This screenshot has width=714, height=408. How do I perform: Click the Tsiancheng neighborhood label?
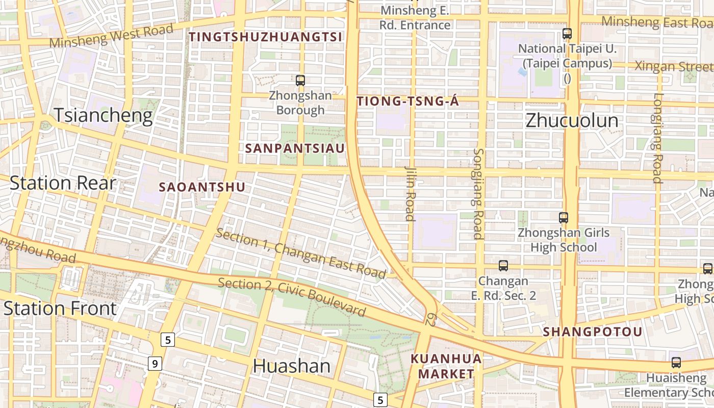coord(104,116)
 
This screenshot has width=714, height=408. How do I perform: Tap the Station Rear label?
coord(63,183)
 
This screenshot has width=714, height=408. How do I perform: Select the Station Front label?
coord(60,308)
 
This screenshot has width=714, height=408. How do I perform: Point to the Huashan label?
coord(292,366)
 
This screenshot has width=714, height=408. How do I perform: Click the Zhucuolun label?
coord(572,120)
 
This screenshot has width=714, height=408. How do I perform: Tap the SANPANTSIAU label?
coord(295,148)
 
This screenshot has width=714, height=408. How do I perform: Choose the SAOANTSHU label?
coord(202,187)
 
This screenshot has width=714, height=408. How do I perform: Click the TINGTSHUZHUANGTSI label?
coord(265,37)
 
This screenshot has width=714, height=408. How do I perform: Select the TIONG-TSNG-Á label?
coord(408,101)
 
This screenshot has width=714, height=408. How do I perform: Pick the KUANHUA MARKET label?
coord(446,366)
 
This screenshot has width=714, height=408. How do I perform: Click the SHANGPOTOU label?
coord(593,331)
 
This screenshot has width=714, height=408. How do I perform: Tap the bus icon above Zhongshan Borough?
coord(300,80)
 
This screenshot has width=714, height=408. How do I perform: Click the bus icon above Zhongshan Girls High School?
coord(564,218)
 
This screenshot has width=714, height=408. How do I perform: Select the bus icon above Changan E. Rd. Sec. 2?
coord(503,266)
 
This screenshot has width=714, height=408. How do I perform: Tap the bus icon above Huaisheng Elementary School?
coord(676,363)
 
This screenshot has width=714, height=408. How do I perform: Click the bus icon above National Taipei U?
coord(567,34)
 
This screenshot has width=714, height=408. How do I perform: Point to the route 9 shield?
coord(156,364)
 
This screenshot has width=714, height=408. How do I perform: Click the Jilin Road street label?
coord(410,193)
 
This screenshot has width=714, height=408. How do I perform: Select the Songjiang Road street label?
coord(478,194)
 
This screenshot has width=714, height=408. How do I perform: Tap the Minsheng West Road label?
coord(112,36)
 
